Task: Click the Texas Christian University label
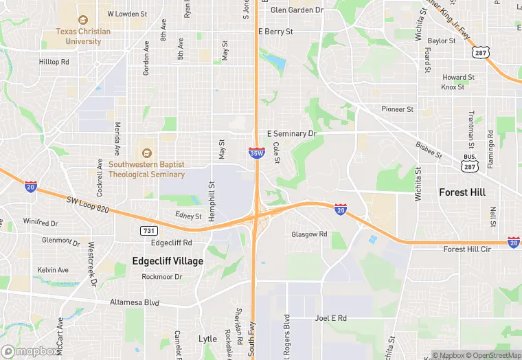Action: pyautogui.click(x=83, y=36)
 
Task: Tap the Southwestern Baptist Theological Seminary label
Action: pyautogui.click(x=147, y=170)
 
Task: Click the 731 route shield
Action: pyautogui.click(x=148, y=231)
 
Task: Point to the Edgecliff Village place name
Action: pyautogui.click(x=168, y=261)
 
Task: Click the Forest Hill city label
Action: pyautogui.click(x=462, y=192)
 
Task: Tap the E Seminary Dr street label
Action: pyautogui.click(x=291, y=133)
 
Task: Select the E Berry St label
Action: pyautogui.click(x=275, y=32)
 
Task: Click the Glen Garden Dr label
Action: pyautogui.click(x=297, y=10)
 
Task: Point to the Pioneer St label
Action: pyautogui.click(x=398, y=109)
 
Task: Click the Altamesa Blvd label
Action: pyautogui.click(x=135, y=302)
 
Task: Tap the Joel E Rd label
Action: pyautogui.click(x=330, y=318)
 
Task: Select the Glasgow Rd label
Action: pyautogui.click(x=309, y=234)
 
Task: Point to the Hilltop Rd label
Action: pyautogui.click(x=54, y=62)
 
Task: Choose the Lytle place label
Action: pyautogui.click(x=207, y=339)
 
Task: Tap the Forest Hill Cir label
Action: pyautogui.click(x=468, y=249)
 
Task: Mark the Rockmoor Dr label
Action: pyautogui.click(x=161, y=277)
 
